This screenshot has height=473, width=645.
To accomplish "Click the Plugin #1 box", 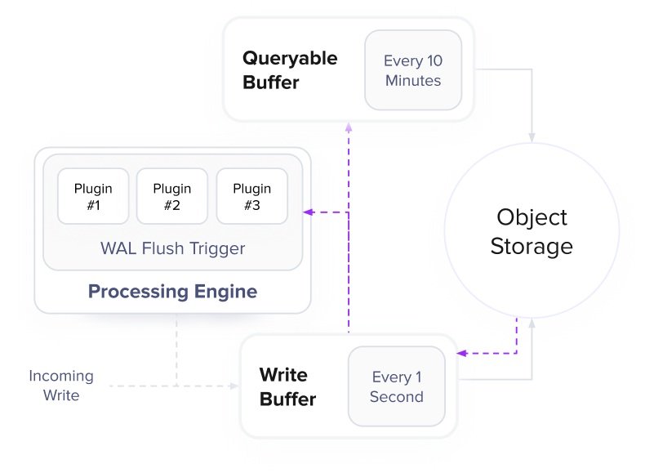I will click(x=93, y=196).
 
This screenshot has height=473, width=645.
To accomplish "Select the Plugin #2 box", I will click(x=171, y=196).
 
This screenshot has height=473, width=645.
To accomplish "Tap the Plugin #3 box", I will click(x=251, y=196).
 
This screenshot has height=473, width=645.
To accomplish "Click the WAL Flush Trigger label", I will click(x=172, y=248).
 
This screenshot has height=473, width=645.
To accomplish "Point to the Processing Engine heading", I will click(x=172, y=292).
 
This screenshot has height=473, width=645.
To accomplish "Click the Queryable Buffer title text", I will click(x=290, y=70).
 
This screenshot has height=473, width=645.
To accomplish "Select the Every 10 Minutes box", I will click(x=413, y=70).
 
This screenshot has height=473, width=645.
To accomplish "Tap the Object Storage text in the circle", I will click(x=532, y=232).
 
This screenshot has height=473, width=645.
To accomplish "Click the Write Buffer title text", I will click(x=287, y=387).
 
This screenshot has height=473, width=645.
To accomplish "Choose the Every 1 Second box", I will click(x=397, y=387).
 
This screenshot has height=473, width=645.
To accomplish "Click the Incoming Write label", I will click(x=61, y=386).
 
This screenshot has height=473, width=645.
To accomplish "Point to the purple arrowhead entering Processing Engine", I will click(x=308, y=212).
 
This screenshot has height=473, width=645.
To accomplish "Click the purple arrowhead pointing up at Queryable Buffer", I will click(x=349, y=127).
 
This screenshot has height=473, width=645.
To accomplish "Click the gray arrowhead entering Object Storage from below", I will click(x=532, y=324).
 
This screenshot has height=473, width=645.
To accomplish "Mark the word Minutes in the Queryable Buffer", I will click(x=413, y=81).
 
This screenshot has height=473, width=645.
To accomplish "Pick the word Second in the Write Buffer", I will click(x=397, y=398).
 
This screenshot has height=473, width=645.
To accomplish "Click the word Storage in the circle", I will click(x=532, y=246).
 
